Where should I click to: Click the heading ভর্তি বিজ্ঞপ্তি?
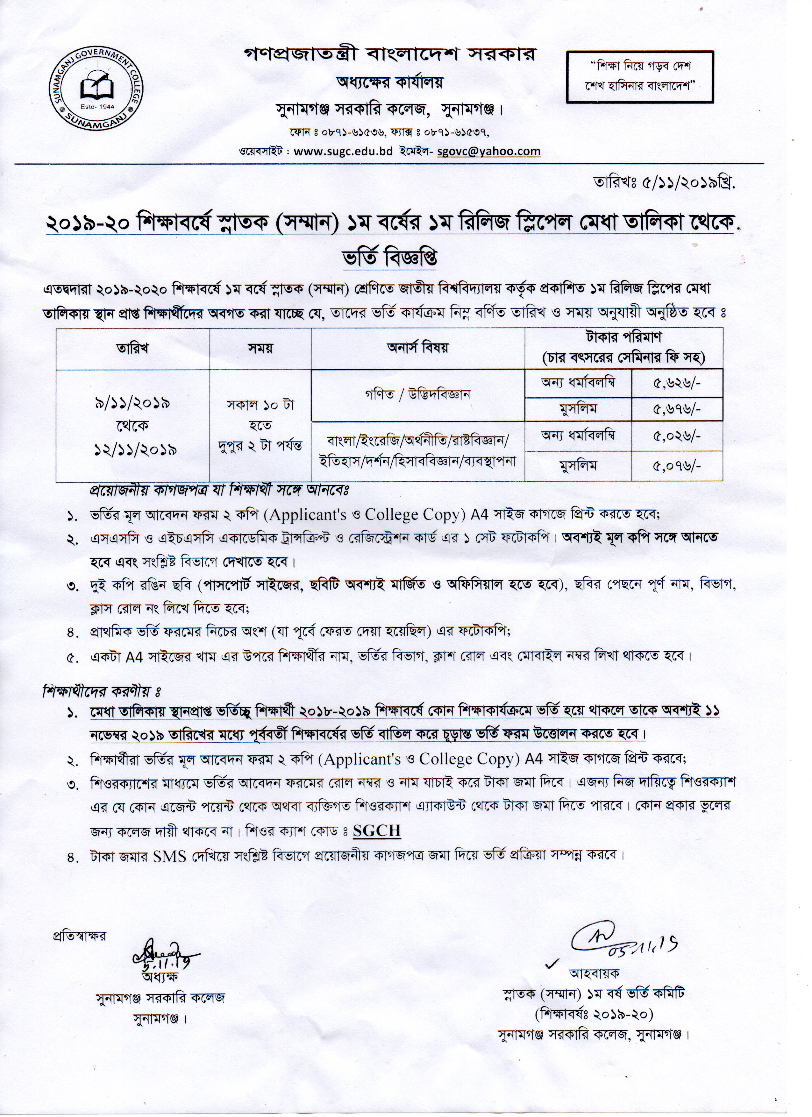390,258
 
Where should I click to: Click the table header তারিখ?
132,348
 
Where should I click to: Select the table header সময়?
260,348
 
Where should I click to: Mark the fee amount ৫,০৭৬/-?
676,465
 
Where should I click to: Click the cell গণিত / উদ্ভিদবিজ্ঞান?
417,394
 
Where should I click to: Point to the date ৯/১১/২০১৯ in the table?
132,403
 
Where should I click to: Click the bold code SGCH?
376,831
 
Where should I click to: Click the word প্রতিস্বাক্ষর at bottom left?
79,936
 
